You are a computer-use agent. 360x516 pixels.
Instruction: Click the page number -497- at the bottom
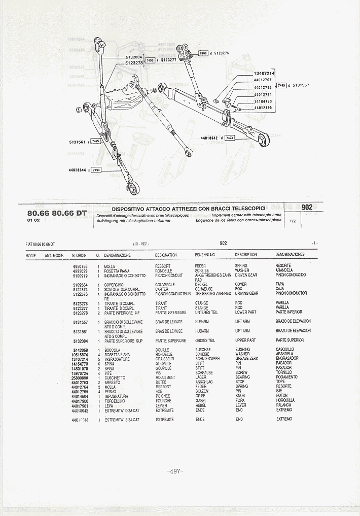pyautogui.click(x=175, y=471)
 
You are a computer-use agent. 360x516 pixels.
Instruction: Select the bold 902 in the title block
pyautogui.click(x=306, y=207)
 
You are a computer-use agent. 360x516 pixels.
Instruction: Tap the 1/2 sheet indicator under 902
pyautogui.click(x=293, y=221)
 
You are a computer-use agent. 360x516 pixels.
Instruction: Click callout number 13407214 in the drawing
pyautogui.click(x=264, y=74)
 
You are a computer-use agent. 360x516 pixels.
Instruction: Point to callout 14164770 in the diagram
pyautogui.click(x=263, y=101)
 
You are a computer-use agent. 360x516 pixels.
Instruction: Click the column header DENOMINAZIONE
pyautogui.click(x=118, y=255)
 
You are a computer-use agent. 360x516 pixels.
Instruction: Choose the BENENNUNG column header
pyautogui.click(x=205, y=255)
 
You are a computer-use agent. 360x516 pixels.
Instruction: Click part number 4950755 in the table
pyautogui.click(x=80, y=266)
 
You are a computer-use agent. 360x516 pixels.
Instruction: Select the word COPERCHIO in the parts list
pyautogui.click(x=114, y=285)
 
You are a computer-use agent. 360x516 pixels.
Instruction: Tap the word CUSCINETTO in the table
pyautogui.click(x=115, y=378)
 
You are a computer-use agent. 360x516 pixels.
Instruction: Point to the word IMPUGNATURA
pyautogui.click(x=116, y=396)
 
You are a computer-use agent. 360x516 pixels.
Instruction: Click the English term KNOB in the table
pyautogui.click(x=240, y=396)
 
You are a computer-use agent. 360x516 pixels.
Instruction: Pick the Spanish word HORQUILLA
pyautogui.click(x=285, y=401)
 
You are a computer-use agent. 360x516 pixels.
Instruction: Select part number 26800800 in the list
pyautogui.click(x=80, y=378)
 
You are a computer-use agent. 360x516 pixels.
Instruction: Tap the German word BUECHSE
pyautogui.click(x=203, y=350)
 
